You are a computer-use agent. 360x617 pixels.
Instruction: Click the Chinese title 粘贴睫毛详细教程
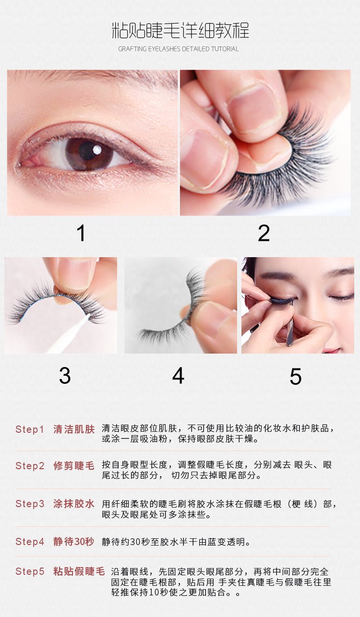point(180,30)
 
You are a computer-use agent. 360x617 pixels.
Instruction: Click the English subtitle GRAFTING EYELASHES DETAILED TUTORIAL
point(179,49)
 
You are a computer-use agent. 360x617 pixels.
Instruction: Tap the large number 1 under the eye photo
point(81,233)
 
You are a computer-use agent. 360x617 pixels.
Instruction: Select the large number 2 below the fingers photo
point(264,233)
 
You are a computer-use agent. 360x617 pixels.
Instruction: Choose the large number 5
point(296,376)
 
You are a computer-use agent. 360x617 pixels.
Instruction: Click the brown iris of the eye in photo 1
point(89,154)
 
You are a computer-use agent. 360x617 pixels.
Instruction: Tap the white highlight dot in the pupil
point(96,150)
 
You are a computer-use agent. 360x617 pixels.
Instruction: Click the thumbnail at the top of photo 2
point(252,107)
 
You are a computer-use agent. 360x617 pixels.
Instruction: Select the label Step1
point(30,429)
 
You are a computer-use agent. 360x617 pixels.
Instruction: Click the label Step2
point(30,465)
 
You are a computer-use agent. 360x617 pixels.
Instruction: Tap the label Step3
point(30,503)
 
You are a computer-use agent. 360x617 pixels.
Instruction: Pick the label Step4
point(30,541)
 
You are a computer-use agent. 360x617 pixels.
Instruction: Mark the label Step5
point(30,571)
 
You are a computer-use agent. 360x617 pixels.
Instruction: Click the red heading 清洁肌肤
point(74,429)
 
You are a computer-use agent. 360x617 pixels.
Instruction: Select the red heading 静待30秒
point(73,541)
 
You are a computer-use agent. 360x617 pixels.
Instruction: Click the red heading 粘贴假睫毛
point(79,571)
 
